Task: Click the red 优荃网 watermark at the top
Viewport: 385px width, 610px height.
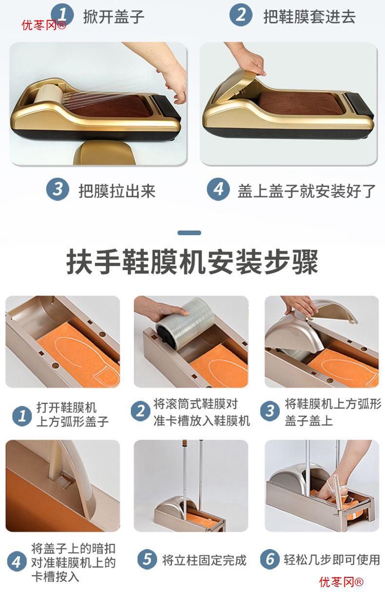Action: (x=44, y=25)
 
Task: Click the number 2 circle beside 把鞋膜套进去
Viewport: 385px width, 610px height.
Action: (x=241, y=15)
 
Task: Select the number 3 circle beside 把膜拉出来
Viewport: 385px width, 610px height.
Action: (x=58, y=189)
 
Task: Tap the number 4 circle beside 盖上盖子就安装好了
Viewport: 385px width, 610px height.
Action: (x=218, y=189)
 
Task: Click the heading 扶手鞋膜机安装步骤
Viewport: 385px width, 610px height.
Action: (x=192, y=262)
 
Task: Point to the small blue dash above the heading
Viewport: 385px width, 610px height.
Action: (x=189, y=233)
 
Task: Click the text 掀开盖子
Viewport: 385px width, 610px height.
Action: (x=114, y=17)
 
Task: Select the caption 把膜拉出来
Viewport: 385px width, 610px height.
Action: (x=117, y=191)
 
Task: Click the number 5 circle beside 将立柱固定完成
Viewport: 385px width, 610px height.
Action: (x=147, y=559)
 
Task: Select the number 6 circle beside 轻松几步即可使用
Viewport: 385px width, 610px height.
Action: (x=269, y=559)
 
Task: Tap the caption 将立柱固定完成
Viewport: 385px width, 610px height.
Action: (x=204, y=560)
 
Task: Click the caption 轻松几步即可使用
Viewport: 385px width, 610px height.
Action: (x=332, y=559)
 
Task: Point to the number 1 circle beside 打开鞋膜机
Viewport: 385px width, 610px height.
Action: (x=22, y=416)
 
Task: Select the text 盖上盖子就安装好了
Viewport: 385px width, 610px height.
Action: (x=307, y=191)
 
